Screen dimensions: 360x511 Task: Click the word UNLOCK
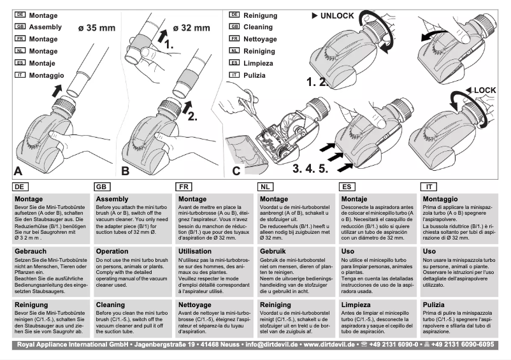(336, 15)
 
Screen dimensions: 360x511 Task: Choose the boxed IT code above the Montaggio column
(430, 187)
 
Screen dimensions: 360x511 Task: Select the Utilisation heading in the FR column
(196, 252)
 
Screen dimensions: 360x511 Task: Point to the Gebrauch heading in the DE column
(29, 252)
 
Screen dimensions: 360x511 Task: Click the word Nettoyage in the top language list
(261, 39)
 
